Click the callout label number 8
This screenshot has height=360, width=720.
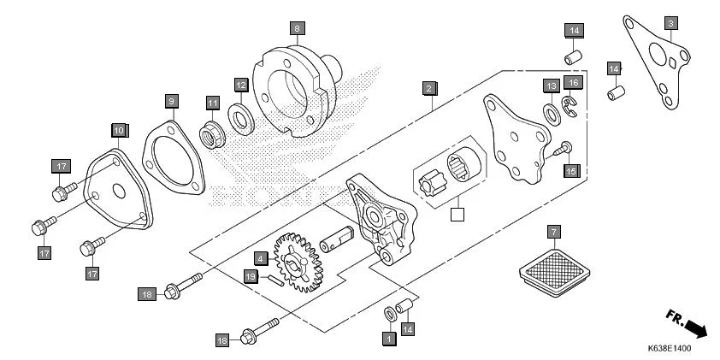297,28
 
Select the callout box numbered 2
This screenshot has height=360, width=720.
428,87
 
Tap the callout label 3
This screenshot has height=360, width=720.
671,22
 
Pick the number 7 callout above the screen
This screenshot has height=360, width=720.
553,232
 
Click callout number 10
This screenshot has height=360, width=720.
118,130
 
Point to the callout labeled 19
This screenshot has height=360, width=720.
250,276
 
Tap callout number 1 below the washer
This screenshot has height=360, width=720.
388,339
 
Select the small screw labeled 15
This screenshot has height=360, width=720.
560,149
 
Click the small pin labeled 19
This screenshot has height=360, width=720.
274,280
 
